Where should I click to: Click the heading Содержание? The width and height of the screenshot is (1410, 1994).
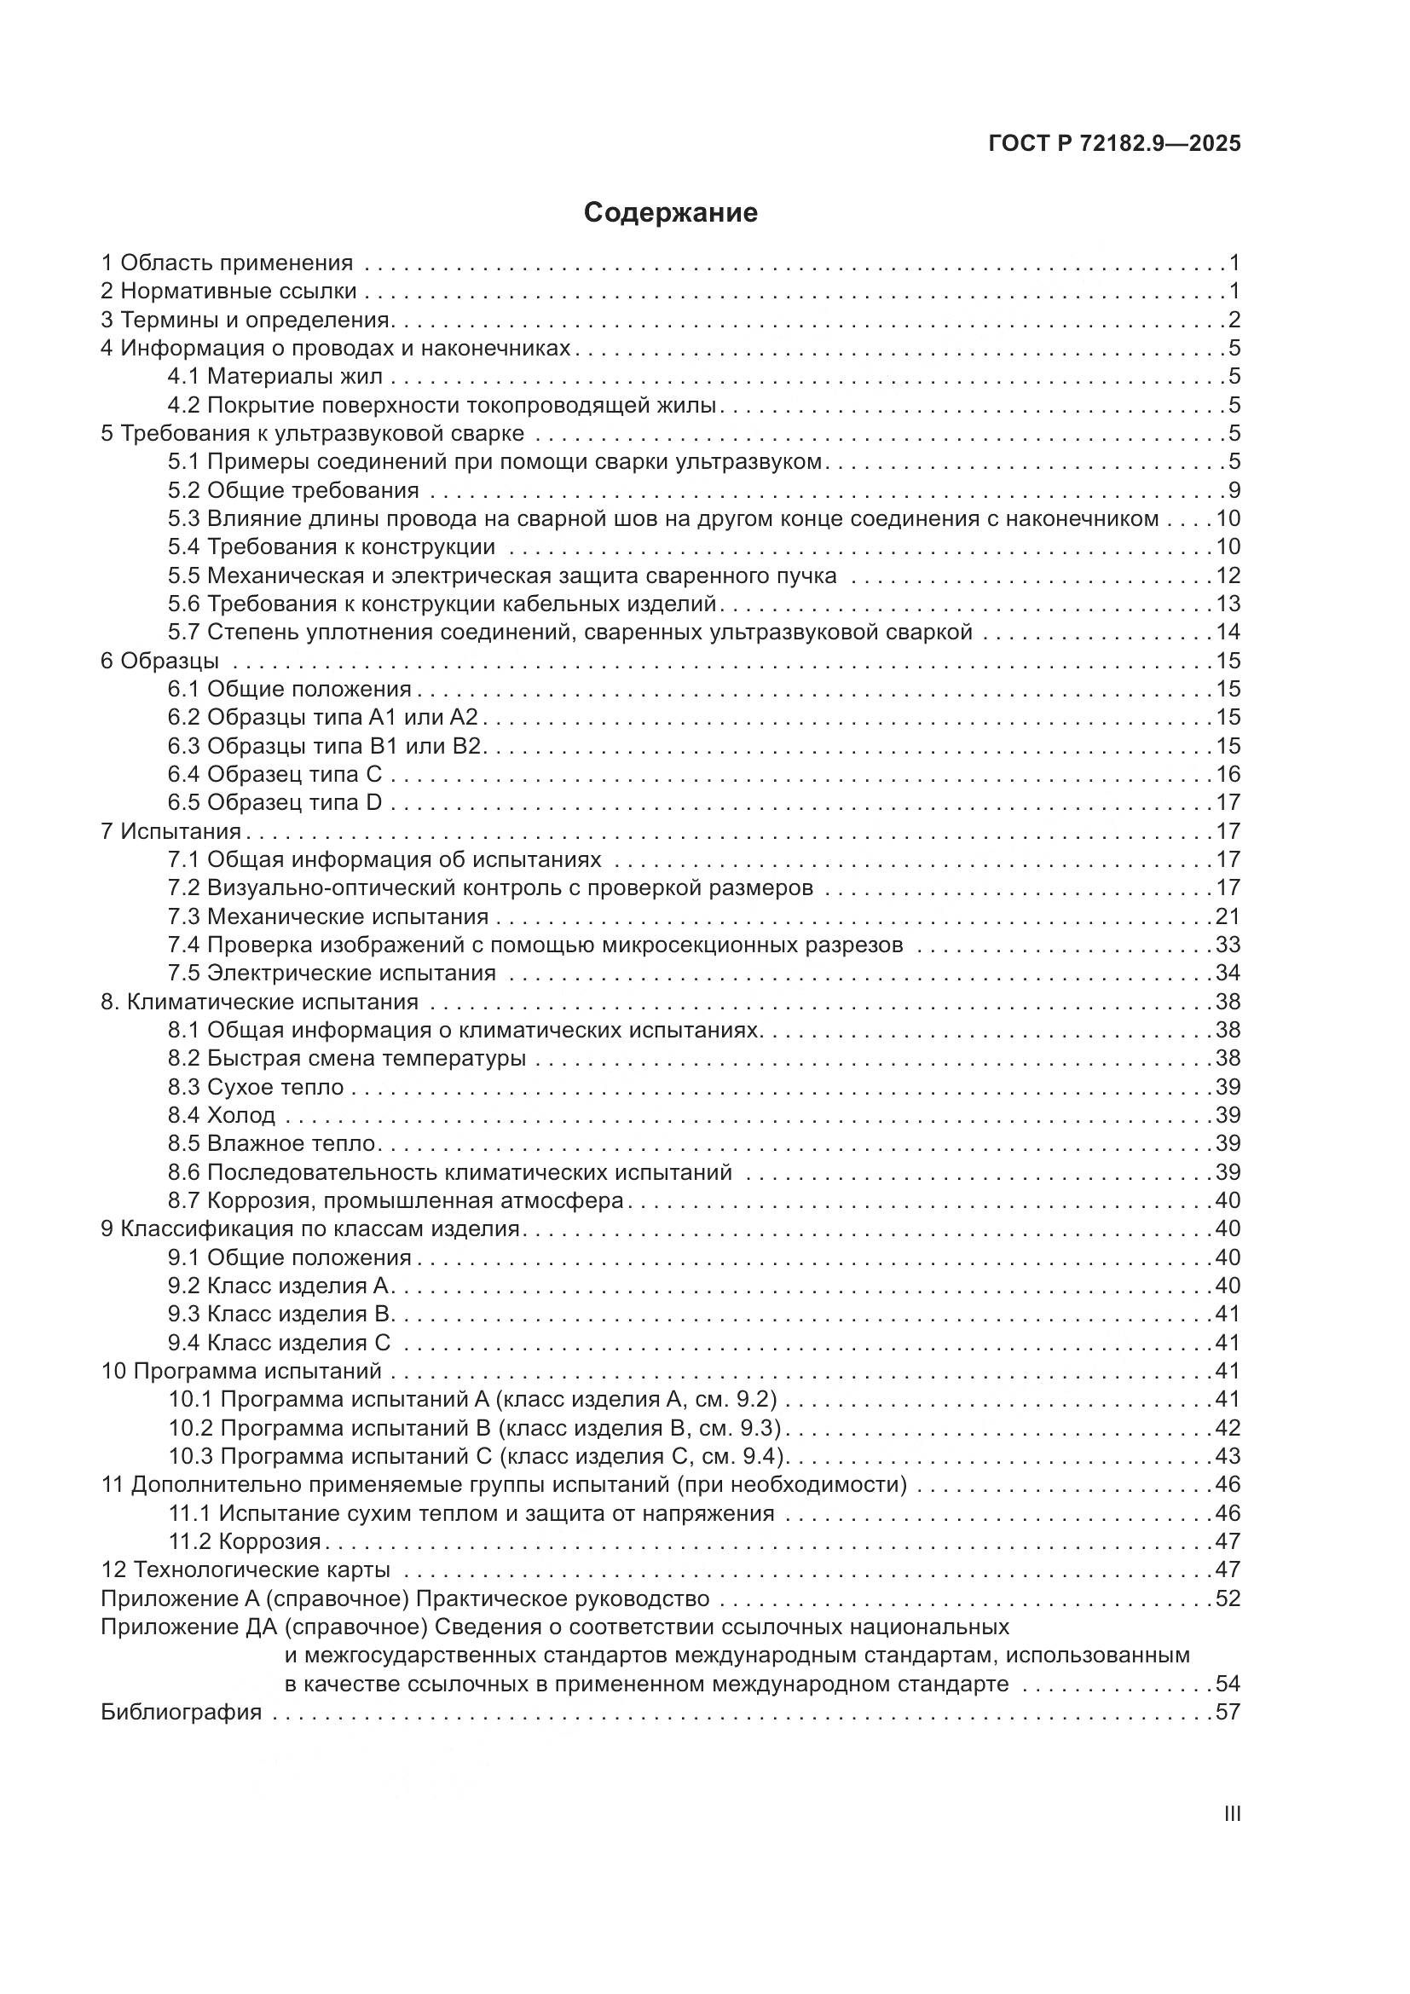[x=670, y=213]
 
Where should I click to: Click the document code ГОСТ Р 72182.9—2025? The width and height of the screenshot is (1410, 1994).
[x=1115, y=144]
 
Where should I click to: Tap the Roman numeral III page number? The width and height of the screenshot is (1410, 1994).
[x=1231, y=1815]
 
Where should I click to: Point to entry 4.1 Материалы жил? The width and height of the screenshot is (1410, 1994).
[x=275, y=377]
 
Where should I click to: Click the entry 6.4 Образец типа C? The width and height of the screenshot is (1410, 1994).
[x=274, y=774]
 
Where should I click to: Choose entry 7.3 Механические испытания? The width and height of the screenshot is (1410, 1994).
[x=328, y=916]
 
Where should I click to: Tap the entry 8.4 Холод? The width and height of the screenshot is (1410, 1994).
[x=222, y=1115]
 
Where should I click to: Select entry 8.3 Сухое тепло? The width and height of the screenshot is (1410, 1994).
[x=256, y=1087]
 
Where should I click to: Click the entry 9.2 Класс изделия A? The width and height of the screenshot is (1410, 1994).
[x=281, y=1286]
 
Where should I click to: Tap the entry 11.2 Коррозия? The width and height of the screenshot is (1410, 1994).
[x=245, y=1541]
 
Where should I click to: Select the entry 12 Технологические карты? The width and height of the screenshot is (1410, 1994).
[x=246, y=1570]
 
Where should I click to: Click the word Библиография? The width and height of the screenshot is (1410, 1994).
[x=182, y=1713]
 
